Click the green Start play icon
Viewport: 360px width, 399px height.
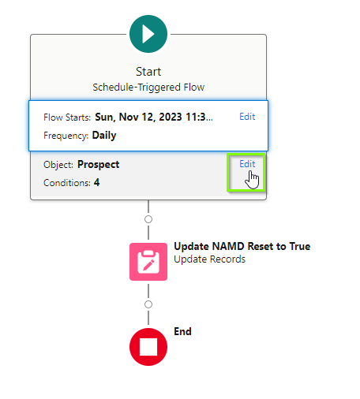[148, 34]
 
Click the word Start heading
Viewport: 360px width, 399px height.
[148, 72]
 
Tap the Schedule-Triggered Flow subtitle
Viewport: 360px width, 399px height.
[148, 88]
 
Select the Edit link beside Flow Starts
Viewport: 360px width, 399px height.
[247, 117]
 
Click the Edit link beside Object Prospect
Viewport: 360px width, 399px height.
[247, 164]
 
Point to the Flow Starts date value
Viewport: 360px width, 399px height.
[154, 117]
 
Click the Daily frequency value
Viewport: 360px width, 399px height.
[104, 136]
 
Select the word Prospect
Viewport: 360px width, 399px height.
[99, 165]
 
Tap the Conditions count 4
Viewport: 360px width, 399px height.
[97, 182]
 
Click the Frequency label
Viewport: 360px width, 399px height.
[66, 136]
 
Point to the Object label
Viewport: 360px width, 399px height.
[58, 165]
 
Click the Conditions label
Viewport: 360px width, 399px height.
[67, 183]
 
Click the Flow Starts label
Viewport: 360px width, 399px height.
[67, 117]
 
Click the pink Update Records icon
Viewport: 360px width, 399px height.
[148, 262]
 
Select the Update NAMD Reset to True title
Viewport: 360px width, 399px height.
[242, 246]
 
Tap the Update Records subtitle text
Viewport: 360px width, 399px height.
[210, 259]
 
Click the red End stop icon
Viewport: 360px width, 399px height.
[148, 347]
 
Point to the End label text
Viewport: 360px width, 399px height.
[182, 331]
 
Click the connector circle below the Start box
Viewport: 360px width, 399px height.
[148, 219]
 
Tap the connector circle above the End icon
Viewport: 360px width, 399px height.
[148, 304]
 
